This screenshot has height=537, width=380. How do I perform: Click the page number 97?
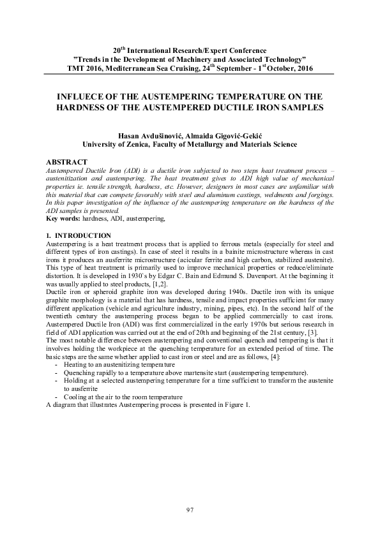(190, 508)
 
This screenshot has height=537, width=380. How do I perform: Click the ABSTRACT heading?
(68, 163)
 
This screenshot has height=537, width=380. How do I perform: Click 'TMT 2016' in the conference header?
(86, 68)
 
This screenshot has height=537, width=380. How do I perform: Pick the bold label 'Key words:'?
(65, 218)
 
